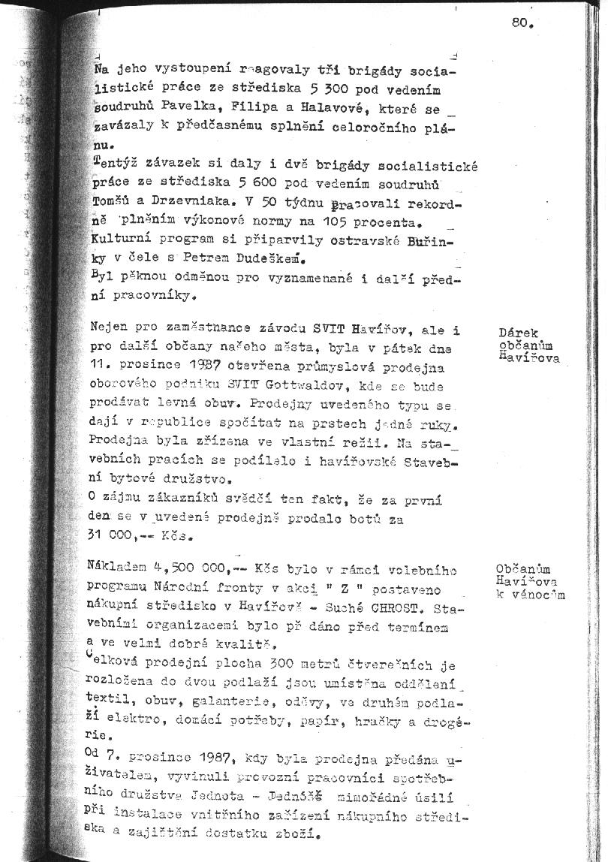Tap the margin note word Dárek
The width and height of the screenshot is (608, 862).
coord(519,333)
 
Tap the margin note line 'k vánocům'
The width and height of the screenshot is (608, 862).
coord(529,595)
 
